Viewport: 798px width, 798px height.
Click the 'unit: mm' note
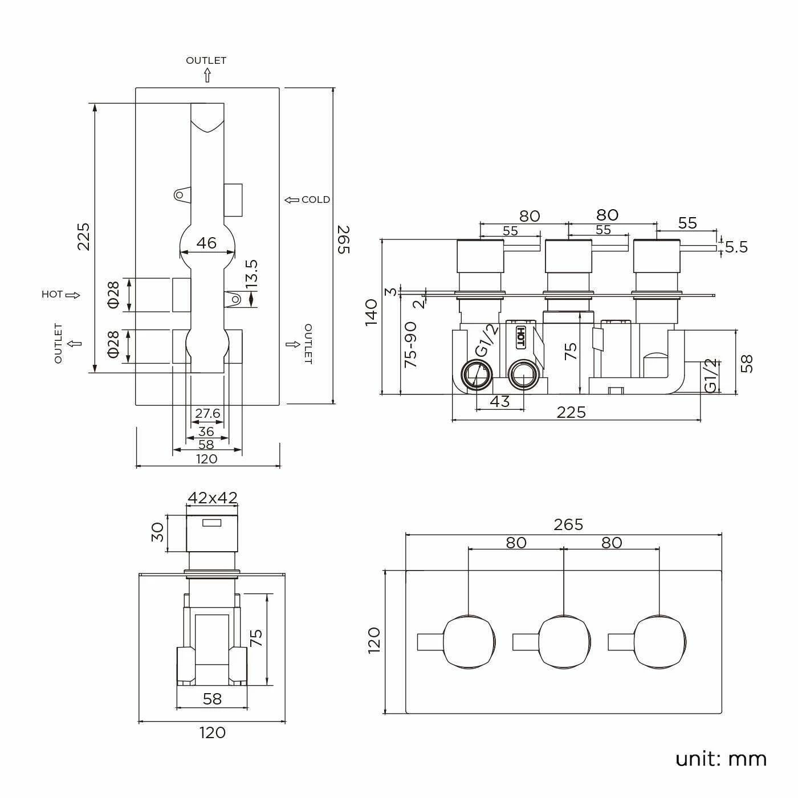pyautogui.click(x=720, y=759)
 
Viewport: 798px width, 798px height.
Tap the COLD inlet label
pyautogui.click(x=315, y=199)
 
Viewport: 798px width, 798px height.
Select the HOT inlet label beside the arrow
pyautogui.click(x=52, y=295)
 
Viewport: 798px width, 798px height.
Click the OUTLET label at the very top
pyautogui.click(x=206, y=60)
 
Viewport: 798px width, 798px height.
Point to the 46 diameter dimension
pyautogui.click(x=206, y=243)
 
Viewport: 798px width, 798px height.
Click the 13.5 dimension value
pyautogui.click(x=251, y=273)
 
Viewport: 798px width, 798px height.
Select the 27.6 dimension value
pyautogui.click(x=207, y=413)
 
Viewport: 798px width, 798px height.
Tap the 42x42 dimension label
pyautogui.click(x=212, y=498)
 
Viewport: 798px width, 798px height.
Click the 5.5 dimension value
pyautogui.click(x=736, y=247)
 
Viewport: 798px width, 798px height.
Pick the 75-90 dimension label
pyautogui.click(x=410, y=344)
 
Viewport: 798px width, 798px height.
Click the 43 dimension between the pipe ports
pyautogui.click(x=499, y=401)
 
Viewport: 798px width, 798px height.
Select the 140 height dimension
pyautogui.click(x=371, y=311)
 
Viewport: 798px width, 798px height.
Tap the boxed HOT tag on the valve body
pyautogui.click(x=520, y=337)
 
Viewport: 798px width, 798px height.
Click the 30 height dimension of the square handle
pyautogui.click(x=158, y=532)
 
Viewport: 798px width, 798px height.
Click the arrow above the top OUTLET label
pyautogui.click(x=206, y=76)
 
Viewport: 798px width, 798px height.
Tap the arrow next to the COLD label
pyautogui.click(x=292, y=199)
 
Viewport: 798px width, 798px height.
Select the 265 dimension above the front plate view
pyautogui.click(x=568, y=524)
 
